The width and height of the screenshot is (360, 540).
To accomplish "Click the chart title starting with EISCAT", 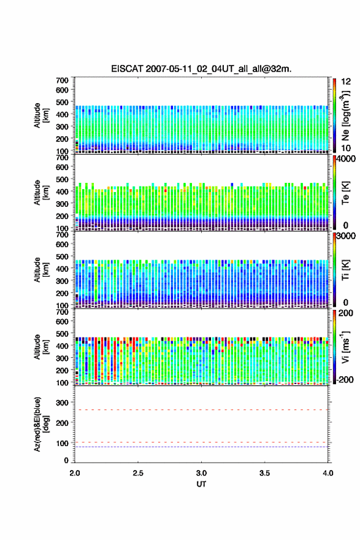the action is pyautogui.click(x=201, y=69).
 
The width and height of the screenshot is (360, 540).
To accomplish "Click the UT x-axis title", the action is pyautogui.click(x=201, y=484).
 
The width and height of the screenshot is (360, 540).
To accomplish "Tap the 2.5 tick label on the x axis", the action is pyautogui.click(x=138, y=473).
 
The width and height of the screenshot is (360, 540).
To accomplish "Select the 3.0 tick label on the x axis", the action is pyautogui.click(x=201, y=473).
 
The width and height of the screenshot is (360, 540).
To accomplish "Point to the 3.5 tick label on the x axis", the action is pyautogui.click(x=265, y=473).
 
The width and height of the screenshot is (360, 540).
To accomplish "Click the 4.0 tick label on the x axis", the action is pyautogui.click(x=328, y=473).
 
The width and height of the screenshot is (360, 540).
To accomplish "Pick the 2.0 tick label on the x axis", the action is pyautogui.click(x=75, y=473).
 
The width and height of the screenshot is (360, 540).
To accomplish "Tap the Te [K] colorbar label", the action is pyautogui.click(x=345, y=193).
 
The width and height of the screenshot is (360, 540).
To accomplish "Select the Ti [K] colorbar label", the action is pyautogui.click(x=345, y=269).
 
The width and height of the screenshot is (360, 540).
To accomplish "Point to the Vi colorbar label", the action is pyautogui.click(x=345, y=347).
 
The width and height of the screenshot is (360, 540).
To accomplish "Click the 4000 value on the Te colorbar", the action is pyautogui.click(x=346, y=160).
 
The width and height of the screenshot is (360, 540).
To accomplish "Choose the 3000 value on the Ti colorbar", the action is pyautogui.click(x=346, y=236).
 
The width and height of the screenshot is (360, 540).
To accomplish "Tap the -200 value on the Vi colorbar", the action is pyautogui.click(x=344, y=379).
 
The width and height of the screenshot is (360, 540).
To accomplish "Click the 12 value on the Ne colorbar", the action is pyautogui.click(x=346, y=82).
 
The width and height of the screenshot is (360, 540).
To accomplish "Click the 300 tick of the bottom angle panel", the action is pyautogui.click(x=63, y=403).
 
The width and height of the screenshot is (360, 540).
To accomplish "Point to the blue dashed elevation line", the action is pyautogui.click(x=201, y=447).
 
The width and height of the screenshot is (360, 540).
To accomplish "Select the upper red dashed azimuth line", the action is pyautogui.click(x=201, y=410).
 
